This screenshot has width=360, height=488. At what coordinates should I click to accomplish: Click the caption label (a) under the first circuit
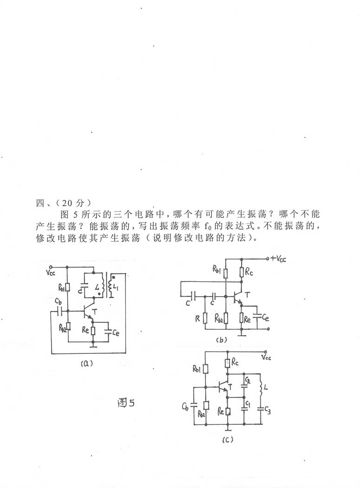tap(86, 363)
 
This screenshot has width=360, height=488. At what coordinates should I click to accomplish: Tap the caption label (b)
tap(222, 340)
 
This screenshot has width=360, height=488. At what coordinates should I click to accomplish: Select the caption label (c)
tap(228, 439)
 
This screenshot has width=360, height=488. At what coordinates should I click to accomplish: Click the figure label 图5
tap(126, 403)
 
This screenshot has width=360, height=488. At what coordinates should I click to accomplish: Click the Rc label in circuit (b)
tap(249, 272)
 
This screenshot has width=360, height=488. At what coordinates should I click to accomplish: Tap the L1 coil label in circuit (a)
tap(116, 288)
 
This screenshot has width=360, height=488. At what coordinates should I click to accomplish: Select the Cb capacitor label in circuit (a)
tap(58, 301)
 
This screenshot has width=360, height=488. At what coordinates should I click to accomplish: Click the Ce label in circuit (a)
tap(116, 333)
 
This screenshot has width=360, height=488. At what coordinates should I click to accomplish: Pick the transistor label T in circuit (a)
tap(95, 310)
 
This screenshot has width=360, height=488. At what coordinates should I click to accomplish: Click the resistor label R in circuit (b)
tap(197, 319)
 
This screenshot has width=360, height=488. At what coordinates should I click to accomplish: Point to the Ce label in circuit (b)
tap(265, 318)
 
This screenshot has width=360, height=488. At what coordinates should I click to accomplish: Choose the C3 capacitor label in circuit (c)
tap(268, 411)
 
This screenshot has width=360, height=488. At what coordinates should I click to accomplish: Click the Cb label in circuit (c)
tap(185, 406)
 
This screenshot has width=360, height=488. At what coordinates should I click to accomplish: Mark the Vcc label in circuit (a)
tap(51, 273)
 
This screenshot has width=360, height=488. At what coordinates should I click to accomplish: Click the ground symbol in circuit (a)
tap(93, 345)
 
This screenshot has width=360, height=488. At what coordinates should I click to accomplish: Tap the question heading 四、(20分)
tap(64, 203)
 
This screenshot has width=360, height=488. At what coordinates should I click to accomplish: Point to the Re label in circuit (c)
tap(221, 411)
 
